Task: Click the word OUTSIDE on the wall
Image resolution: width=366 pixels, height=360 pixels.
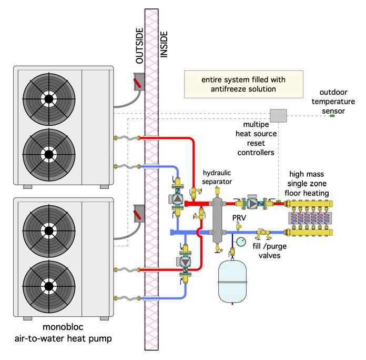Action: pos(139,46)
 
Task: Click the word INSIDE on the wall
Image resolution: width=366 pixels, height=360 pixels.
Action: pos(164,44)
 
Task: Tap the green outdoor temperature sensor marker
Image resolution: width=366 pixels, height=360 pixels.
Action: pos(332,116)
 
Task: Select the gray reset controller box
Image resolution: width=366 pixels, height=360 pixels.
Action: pos(278,115)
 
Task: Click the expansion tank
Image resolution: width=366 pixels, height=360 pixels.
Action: pos(232,281)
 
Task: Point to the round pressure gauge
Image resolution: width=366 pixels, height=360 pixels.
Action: pos(241,242)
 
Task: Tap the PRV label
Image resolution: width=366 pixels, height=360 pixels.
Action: pos(239,218)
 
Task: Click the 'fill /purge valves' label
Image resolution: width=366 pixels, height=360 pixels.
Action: pos(269,251)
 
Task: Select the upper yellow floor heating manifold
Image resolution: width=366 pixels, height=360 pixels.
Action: pos(309,204)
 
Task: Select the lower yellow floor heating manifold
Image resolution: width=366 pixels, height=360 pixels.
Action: pos(309,232)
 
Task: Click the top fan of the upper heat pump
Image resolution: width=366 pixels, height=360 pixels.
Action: pos(49,99)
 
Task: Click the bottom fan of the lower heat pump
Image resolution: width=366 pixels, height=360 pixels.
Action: pos(49,286)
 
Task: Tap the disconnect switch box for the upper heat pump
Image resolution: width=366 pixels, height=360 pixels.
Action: pos(139,82)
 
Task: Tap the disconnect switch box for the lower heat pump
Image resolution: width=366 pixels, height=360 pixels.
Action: pos(139,214)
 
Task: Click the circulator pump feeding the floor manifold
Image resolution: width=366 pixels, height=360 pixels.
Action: pos(253,204)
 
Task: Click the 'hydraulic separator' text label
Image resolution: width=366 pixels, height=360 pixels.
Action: pos(217,177)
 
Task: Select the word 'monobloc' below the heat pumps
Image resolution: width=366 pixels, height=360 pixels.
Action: pos(63,327)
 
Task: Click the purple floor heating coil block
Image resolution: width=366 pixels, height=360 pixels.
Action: pos(310,218)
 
